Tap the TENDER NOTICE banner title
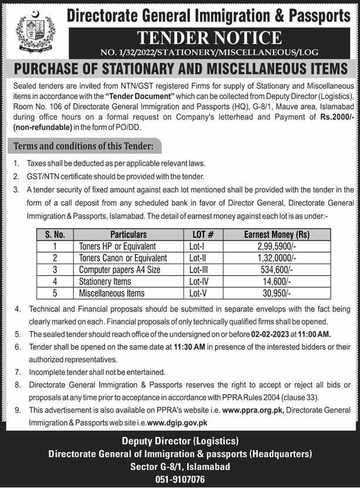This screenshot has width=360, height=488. [209, 38]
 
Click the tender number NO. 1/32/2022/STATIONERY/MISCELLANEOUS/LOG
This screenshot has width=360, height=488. [209, 52]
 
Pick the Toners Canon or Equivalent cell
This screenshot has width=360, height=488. [123, 258]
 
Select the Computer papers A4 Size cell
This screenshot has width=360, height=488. [120, 269]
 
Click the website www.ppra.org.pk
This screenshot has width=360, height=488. [253, 409]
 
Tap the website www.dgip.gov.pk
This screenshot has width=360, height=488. [176, 422]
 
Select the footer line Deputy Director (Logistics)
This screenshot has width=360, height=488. [179, 441]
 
